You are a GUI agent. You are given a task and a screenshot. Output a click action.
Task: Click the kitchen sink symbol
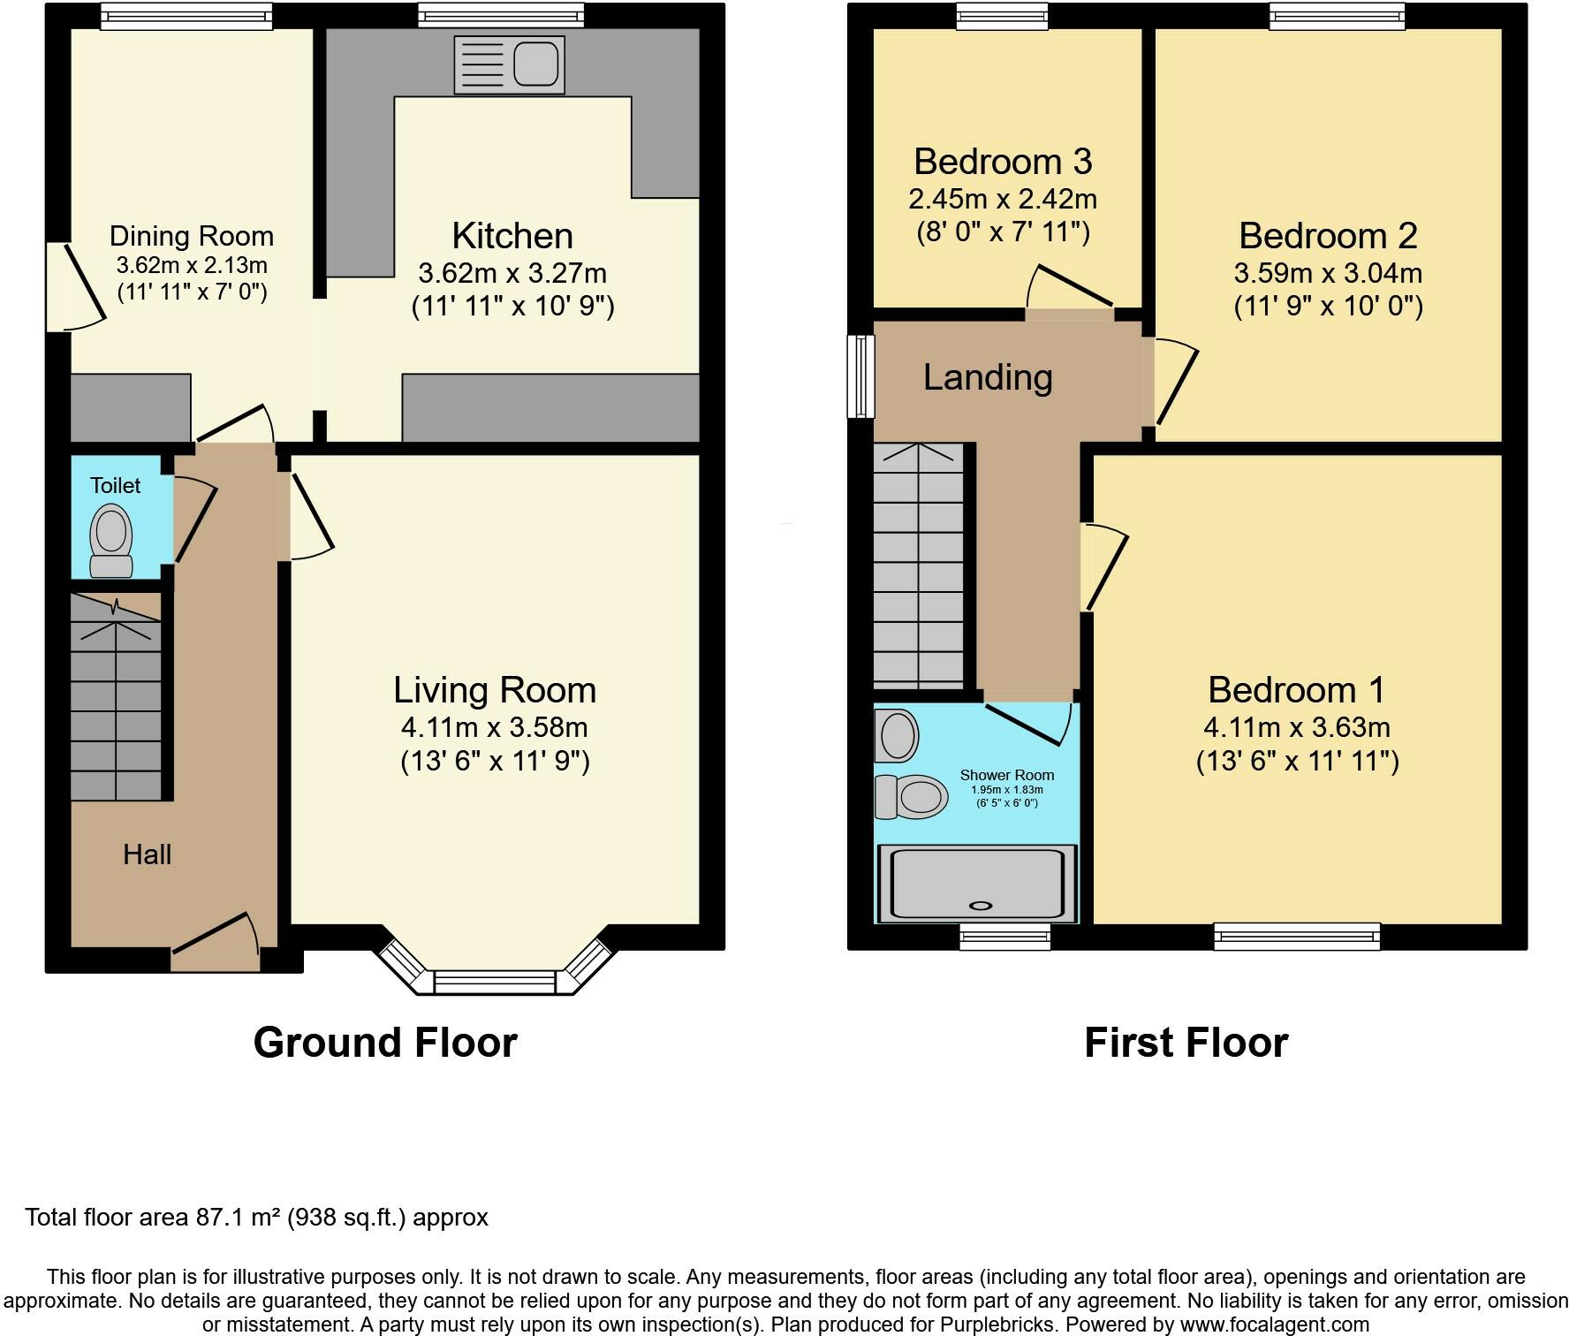pos(509,65)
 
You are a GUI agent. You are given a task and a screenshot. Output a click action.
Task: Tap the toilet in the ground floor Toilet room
pos(111,541)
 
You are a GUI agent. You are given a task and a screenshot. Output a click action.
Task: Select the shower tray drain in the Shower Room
pos(981,905)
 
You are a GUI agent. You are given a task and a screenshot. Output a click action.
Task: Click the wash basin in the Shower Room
pos(896,735)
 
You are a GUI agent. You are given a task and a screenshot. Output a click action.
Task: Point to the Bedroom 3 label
pos(1003,162)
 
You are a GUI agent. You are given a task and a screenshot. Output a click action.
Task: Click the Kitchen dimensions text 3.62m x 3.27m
pos(512,272)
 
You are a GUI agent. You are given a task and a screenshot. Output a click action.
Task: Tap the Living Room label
pos(495,690)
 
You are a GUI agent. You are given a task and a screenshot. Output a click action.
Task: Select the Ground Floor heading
pos(385,1043)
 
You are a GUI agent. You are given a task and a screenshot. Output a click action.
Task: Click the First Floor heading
pos(1186,1043)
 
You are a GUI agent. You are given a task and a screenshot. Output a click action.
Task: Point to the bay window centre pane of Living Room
pos(495,982)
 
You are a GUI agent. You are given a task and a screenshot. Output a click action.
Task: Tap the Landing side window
pos(860,376)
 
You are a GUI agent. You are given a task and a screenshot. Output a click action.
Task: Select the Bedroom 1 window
pos(1296,936)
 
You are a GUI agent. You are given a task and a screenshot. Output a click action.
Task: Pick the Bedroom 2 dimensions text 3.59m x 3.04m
pos(1328,272)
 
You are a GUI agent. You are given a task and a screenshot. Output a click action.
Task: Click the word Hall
pos(147,854)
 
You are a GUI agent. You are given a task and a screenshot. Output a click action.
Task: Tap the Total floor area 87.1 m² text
pos(256,1218)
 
